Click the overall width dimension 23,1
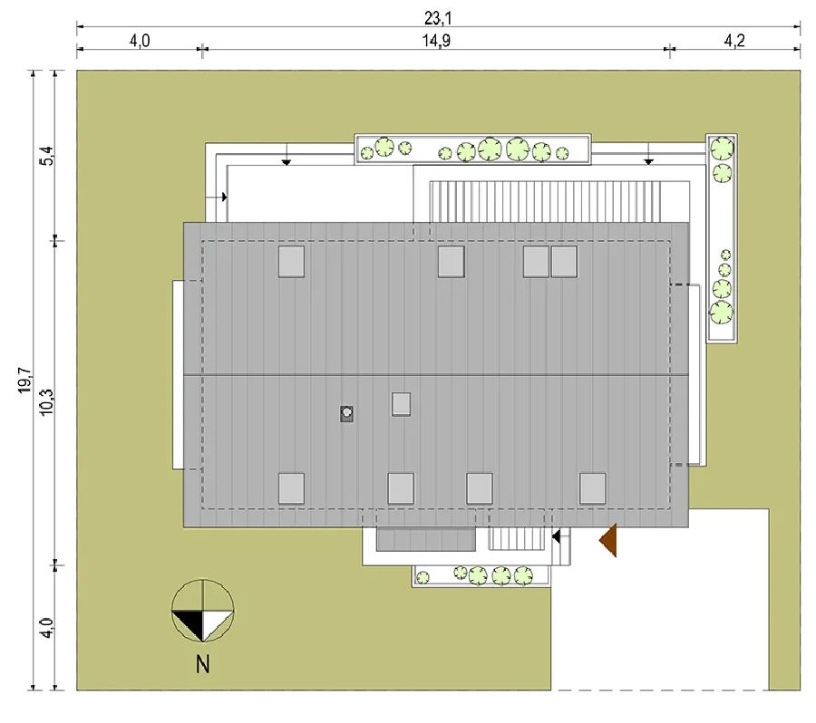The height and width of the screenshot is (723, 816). tap(438, 18)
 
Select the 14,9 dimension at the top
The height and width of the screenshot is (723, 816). tap(436, 41)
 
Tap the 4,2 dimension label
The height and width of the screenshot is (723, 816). tap(734, 41)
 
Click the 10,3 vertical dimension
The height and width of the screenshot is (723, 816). tap(46, 402)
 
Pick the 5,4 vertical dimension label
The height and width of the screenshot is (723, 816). tap(46, 156)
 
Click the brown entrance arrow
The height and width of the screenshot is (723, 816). tap(608, 540)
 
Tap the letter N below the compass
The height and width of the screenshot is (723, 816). tap(203, 664)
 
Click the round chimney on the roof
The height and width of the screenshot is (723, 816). tap(346, 413)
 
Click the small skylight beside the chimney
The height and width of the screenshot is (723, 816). tap(401, 404)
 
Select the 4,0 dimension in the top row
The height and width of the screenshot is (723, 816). tap(140, 41)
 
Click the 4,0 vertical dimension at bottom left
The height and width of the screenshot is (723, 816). tap(46, 628)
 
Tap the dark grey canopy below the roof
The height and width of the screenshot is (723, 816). tap(426, 539)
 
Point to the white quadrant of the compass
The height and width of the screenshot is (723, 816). tap(216, 622)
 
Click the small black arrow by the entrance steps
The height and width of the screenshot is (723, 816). tap(557, 535)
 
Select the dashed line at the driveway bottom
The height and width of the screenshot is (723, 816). tap(660, 690)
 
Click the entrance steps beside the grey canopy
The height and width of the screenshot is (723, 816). tap(516, 539)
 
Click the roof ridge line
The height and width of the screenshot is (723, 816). tap(436, 375)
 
